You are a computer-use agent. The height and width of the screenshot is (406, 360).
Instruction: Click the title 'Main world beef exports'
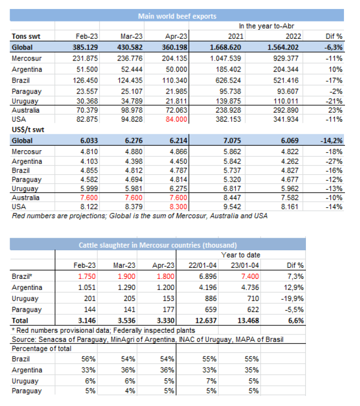click(177, 16)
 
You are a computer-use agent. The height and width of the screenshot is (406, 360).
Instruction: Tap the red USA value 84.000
click(176, 119)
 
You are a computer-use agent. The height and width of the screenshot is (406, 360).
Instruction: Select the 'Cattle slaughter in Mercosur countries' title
click(158, 245)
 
